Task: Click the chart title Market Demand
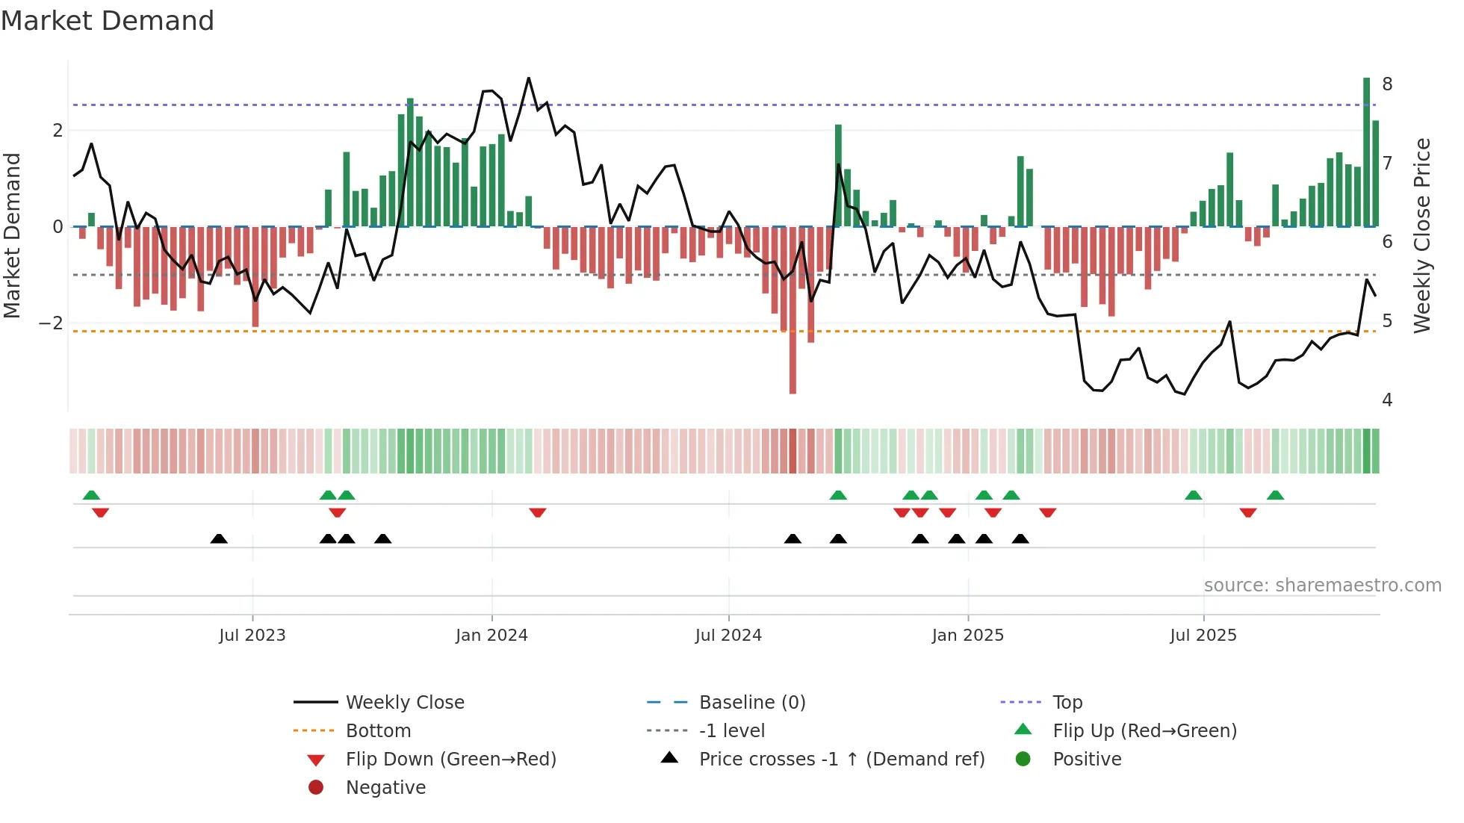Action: (x=108, y=21)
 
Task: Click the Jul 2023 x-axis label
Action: (x=252, y=636)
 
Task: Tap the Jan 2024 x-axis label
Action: (x=491, y=636)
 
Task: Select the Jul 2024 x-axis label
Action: (x=728, y=636)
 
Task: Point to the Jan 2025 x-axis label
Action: (x=968, y=636)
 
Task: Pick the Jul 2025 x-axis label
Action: (x=1203, y=636)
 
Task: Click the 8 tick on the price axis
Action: (x=1387, y=84)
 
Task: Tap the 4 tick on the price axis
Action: (x=1387, y=400)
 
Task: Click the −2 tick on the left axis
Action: (x=52, y=323)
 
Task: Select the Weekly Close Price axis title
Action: (x=1422, y=235)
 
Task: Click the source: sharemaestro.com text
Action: (x=1322, y=586)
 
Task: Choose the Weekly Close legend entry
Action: (x=404, y=703)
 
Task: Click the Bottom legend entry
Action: (x=378, y=731)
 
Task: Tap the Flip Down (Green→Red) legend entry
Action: (x=450, y=760)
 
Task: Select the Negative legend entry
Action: (x=385, y=788)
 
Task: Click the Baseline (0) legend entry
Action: (x=751, y=703)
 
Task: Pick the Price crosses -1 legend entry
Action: (x=841, y=760)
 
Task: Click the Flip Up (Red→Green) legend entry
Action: (x=1144, y=731)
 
